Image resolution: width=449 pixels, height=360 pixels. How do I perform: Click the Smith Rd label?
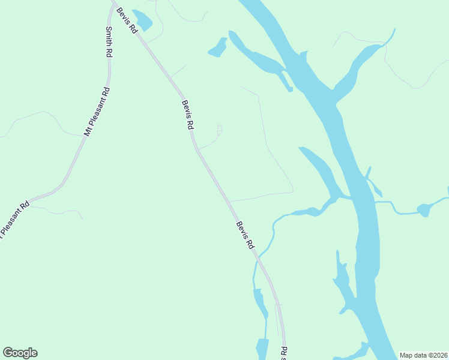click(x=109, y=41)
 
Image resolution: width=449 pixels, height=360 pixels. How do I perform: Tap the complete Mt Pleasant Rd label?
click(x=97, y=112)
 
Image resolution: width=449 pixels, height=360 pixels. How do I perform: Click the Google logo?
click(x=20, y=353)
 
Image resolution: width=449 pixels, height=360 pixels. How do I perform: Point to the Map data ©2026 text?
click(x=423, y=355)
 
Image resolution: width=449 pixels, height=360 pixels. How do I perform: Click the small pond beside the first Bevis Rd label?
click(x=143, y=20)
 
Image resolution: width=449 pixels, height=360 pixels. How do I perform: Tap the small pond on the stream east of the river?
click(x=424, y=209)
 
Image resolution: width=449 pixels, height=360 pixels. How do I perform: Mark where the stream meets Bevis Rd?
click(x=258, y=259)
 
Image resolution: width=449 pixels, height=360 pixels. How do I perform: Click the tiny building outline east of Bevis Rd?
click(x=220, y=129)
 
